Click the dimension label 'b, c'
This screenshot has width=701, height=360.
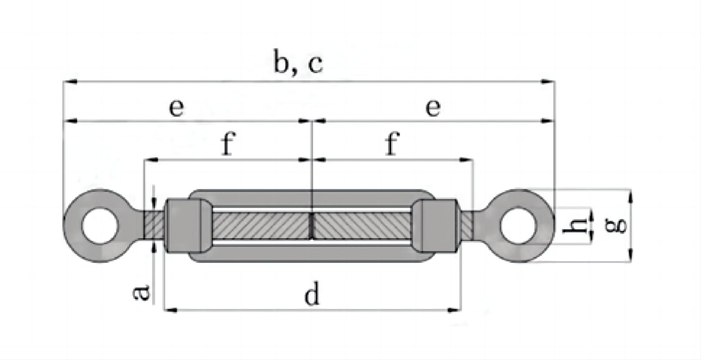point(298,65)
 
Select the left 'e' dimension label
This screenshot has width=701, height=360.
point(177,108)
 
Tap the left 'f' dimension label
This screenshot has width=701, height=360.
point(228,143)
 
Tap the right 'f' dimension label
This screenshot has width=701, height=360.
point(392,143)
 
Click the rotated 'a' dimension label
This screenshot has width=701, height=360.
point(141,293)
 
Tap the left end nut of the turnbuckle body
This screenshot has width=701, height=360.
point(183,226)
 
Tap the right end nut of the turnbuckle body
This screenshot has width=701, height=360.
point(437,226)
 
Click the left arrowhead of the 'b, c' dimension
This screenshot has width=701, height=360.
point(69,83)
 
